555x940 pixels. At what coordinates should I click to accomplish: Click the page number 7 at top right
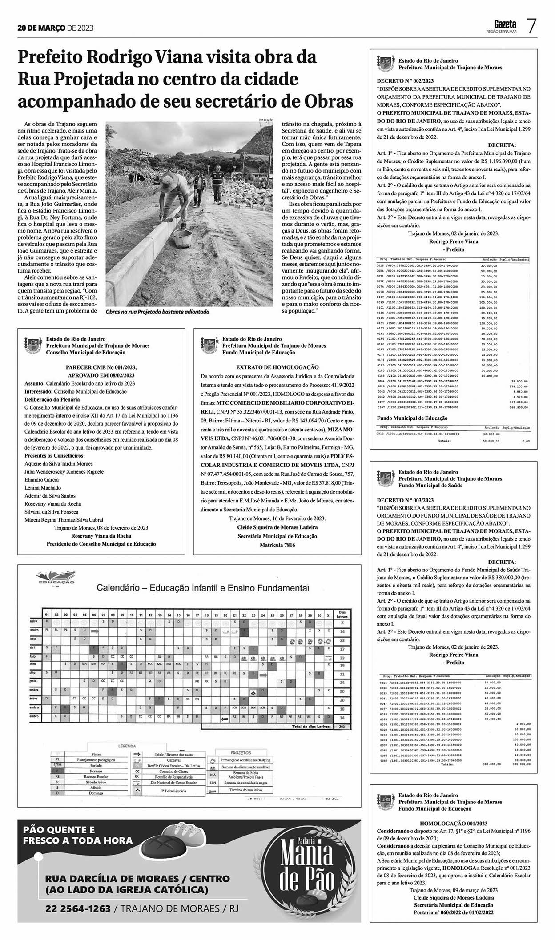point(531,26)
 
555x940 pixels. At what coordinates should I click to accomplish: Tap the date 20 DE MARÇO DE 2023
point(56,28)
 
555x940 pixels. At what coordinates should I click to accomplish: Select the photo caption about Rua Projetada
point(157,312)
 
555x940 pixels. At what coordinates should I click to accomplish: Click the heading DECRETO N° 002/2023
point(405,81)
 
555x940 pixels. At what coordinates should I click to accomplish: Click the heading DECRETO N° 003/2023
point(405,500)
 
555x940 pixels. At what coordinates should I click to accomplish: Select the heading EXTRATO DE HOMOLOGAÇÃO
point(277,367)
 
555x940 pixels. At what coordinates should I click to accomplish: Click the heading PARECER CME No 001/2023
point(101,367)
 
